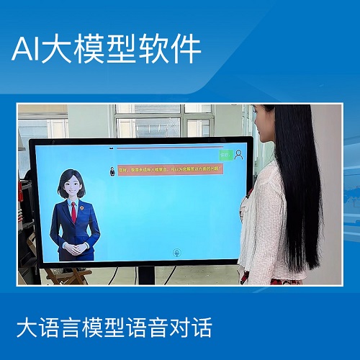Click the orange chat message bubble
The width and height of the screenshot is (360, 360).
172,170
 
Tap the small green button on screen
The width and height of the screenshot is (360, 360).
225,153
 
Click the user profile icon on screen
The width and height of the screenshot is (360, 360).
238,153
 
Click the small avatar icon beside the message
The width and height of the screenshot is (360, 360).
112,171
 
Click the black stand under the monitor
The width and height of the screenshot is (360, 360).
146,274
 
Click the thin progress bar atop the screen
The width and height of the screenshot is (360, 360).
166,150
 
